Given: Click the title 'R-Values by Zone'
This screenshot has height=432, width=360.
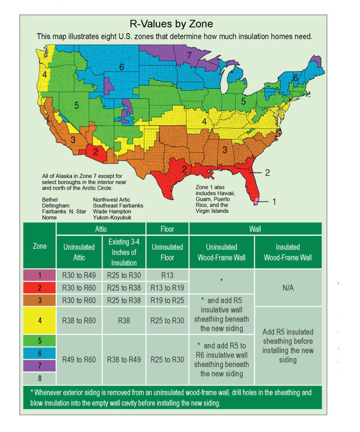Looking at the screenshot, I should (x=171, y=24).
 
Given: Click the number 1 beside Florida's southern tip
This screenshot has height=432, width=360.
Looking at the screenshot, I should (x=274, y=202).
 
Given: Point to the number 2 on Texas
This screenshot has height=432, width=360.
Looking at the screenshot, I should (x=185, y=169).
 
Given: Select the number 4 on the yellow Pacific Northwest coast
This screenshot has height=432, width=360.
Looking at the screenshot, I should (x=45, y=74).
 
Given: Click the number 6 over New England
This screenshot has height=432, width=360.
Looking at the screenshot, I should (x=296, y=78).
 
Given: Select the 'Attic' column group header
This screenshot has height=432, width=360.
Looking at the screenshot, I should (x=101, y=229).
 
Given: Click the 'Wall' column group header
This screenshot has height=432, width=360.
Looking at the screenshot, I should (x=255, y=229).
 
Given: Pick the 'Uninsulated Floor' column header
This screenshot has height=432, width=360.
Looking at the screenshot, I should (x=167, y=252).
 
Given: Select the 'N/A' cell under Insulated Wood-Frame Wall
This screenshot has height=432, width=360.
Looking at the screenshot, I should (x=288, y=288).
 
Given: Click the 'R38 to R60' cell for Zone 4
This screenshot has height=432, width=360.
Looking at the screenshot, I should (x=79, y=320).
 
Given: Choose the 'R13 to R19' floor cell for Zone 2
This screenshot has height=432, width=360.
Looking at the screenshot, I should (x=167, y=288).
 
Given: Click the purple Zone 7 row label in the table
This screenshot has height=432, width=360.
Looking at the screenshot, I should (x=40, y=365).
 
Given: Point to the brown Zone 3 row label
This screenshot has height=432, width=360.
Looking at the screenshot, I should (x=40, y=300).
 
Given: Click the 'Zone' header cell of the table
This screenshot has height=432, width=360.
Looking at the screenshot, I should (x=40, y=246).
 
